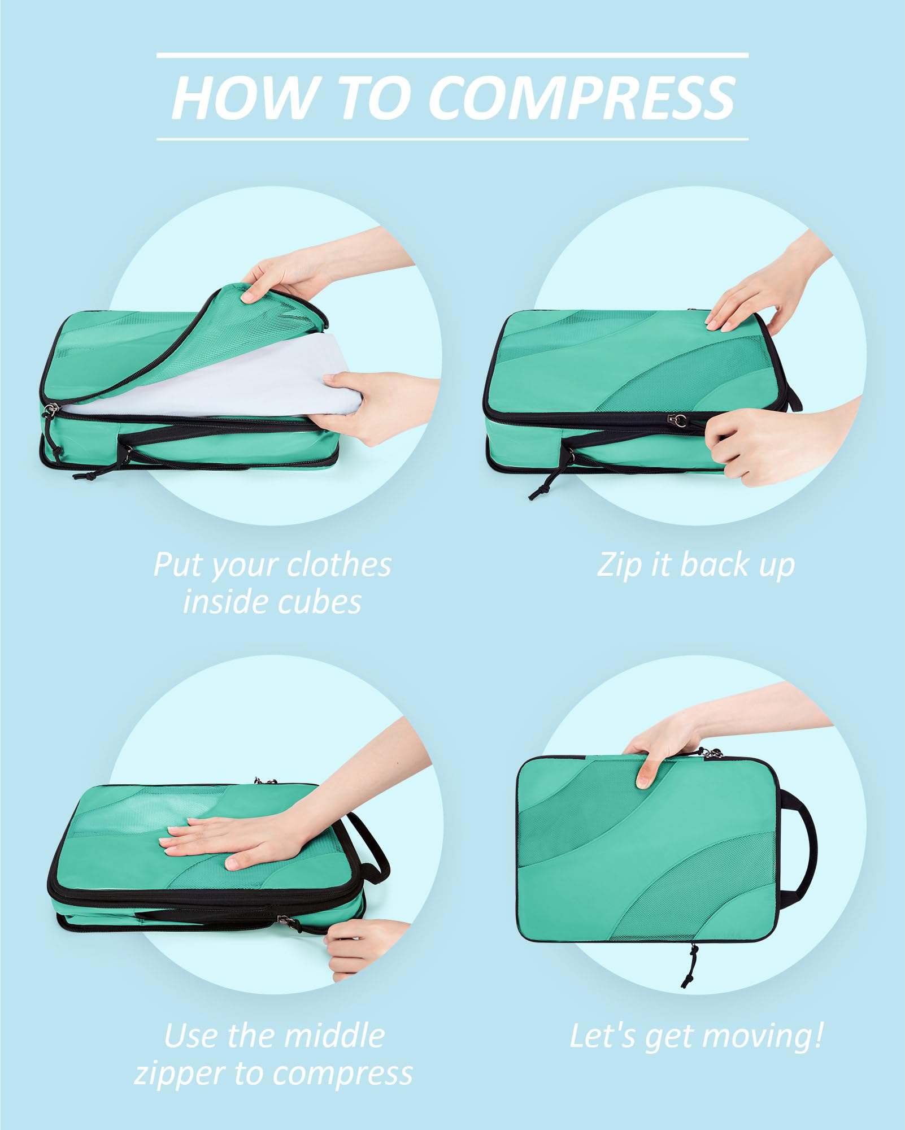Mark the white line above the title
point(452,55)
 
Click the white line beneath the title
point(452,138)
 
